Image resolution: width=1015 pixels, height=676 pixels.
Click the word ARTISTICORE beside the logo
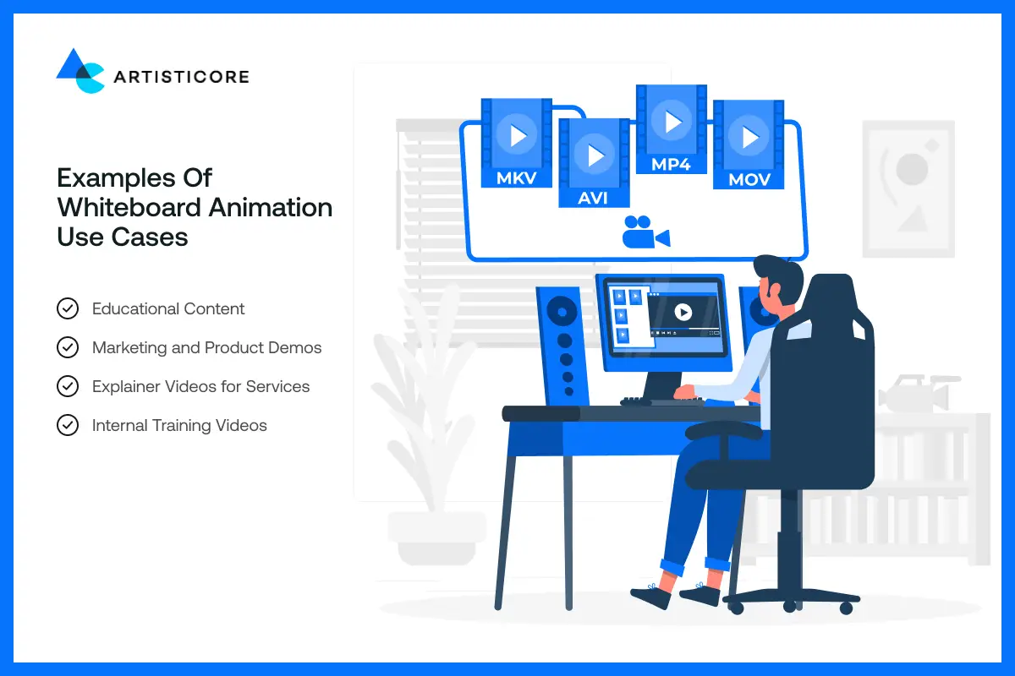pos(181,77)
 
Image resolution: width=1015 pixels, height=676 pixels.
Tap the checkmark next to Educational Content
pos(68,308)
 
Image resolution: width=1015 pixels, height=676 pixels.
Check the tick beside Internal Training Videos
pos(68,425)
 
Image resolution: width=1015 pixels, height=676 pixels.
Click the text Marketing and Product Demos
pos(206,347)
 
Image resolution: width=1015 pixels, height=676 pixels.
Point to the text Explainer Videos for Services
pos(200,386)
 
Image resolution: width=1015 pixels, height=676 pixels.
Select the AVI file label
pos(593,198)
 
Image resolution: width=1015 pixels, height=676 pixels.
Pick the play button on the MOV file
pos(749,138)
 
